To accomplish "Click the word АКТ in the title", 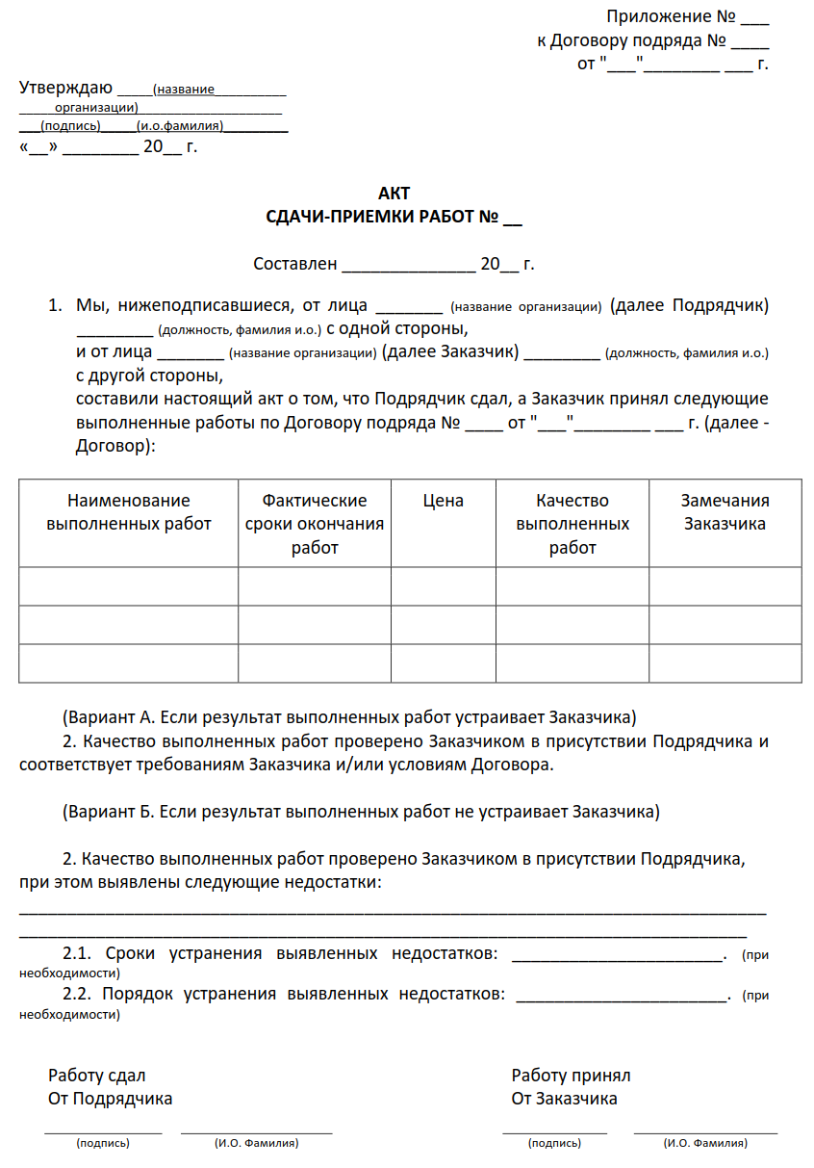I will pos(394,194).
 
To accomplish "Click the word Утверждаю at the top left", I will pos(65,89).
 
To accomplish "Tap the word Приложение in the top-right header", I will pos(657,16).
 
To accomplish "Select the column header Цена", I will pos(443,501).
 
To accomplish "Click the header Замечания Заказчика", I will pos(725,512).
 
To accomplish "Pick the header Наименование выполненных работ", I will pos(129,512).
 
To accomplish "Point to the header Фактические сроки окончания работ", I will pos(315,524).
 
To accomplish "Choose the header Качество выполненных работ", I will pos(572,524).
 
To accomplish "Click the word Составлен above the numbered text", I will pos(294,264).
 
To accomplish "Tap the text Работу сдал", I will pos(97,1076).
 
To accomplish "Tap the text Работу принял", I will pos(571,1076).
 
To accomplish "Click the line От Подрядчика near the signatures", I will pos(111,1099).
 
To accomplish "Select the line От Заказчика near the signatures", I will pos(564,1099).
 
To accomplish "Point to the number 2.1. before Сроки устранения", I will pos(77,954).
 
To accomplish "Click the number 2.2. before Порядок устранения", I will pos(77,994).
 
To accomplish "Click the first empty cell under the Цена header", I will pos(443,586).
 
